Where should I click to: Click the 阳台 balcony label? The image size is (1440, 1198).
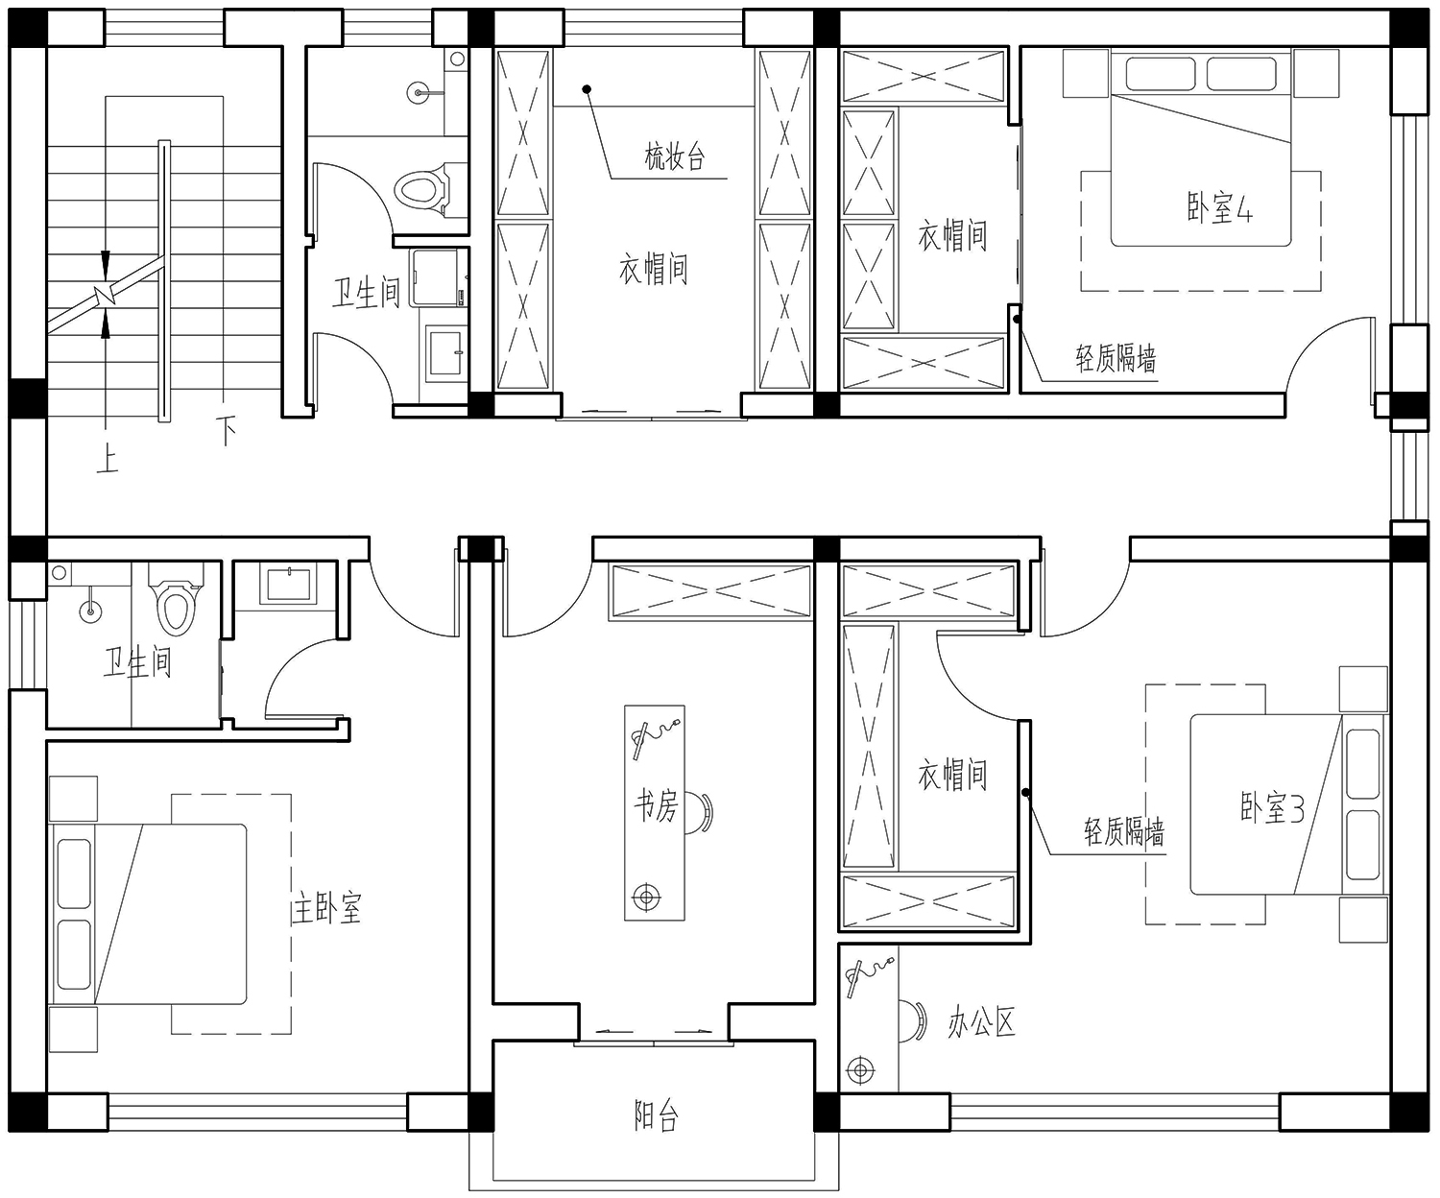[656, 1116]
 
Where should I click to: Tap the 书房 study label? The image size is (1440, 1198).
[656, 804]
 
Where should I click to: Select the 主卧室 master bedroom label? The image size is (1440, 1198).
[325, 908]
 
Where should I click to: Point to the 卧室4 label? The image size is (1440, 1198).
[1219, 207]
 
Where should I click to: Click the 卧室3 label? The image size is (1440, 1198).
[1272, 807]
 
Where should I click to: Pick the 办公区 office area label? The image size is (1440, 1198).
[981, 1023]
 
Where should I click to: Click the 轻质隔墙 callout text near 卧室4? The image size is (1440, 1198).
[1116, 358]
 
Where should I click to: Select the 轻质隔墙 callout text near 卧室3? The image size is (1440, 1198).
[1124, 831]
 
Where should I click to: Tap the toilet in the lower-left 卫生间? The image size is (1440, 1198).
[175, 599]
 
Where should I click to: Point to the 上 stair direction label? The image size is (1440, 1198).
[107, 458]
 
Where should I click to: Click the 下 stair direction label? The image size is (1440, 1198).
[226, 430]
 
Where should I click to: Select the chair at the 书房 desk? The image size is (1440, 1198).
[699, 813]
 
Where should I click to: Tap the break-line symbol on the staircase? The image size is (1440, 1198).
[107, 296]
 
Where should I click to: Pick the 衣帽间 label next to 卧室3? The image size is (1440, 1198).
[952, 774]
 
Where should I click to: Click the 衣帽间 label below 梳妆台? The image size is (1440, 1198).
[654, 268]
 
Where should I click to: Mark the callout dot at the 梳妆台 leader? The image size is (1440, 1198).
[587, 89]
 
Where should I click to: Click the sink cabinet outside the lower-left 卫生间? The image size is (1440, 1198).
[288, 585]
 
